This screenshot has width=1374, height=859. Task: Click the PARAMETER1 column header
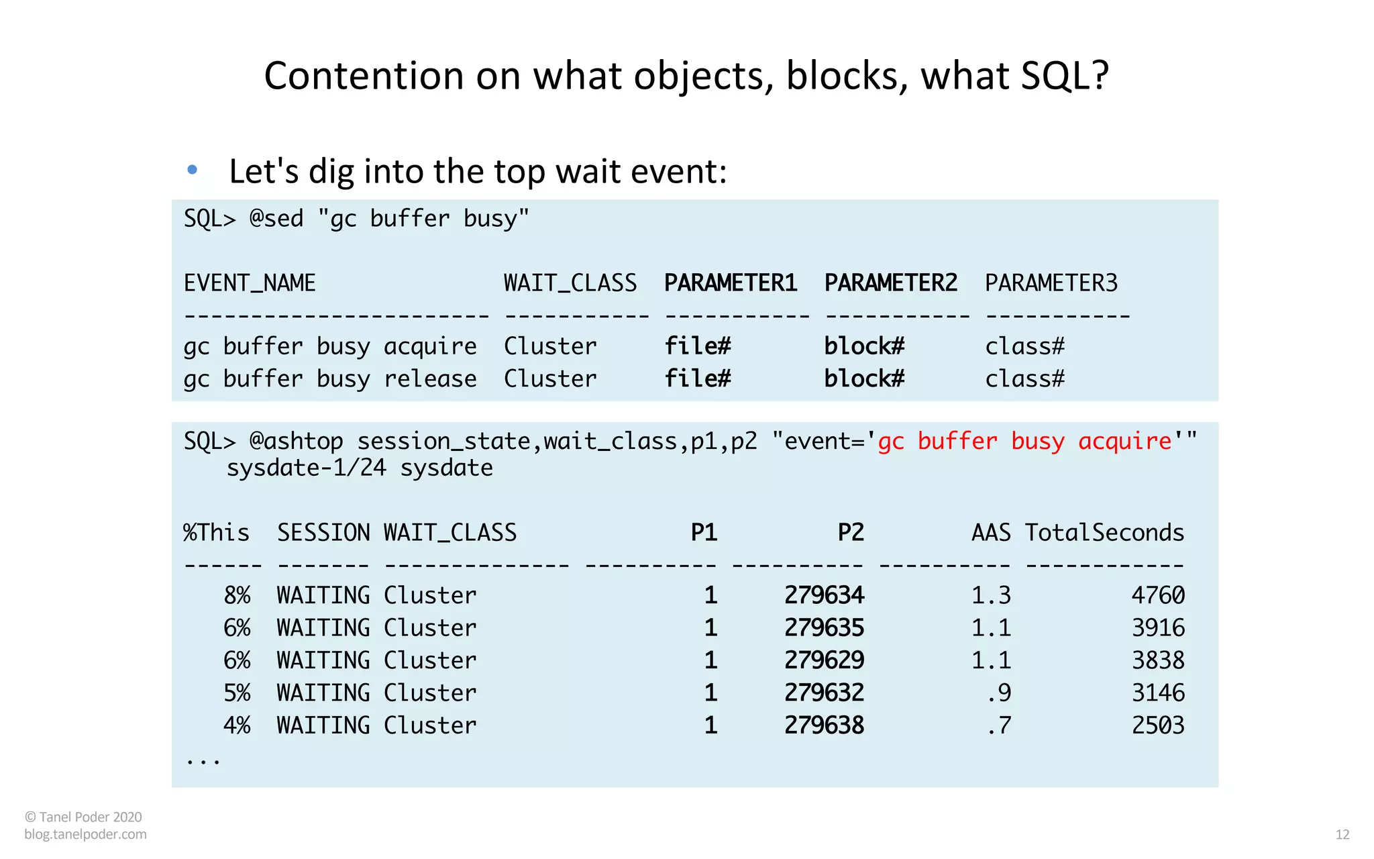pos(730,283)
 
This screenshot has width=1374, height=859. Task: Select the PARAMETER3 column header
pos(1051,283)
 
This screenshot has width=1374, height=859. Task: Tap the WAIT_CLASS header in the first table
pos(570,283)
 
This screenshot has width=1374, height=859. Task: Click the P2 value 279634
pos(824,595)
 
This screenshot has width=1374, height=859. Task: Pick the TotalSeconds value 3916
pos(1158,628)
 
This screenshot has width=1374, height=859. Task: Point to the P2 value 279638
pos(824,725)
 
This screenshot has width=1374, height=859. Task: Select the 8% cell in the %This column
pos(237,595)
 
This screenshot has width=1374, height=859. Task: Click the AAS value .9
pos(999,693)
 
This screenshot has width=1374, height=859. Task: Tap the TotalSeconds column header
pos(1104,533)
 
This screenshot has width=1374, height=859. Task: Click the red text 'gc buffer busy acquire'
pos(1024,442)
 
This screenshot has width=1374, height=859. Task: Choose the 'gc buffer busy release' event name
pos(330,379)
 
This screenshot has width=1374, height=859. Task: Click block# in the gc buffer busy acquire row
pos(864,346)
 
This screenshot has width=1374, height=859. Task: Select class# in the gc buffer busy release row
pos(1024,379)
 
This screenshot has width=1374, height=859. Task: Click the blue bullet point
pos(193,170)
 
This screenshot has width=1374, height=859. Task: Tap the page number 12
pos(1342,835)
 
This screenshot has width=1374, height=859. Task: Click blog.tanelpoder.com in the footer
pos(85,834)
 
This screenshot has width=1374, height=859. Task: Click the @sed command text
pos(276,219)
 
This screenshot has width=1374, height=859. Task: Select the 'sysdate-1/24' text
pos(306,468)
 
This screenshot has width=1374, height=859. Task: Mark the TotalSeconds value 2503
pos(1158,725)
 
